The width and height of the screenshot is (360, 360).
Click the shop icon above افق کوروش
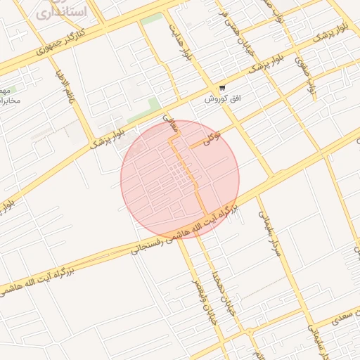(222, 88)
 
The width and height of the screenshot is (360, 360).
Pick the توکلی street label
(212, 136)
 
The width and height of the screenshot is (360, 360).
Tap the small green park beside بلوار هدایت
(150, 20)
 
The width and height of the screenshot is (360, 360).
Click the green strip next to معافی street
(153, 105)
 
